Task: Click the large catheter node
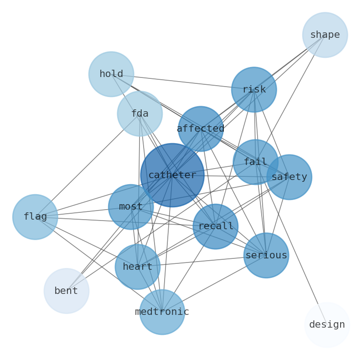(x=172, y=175)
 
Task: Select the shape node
(x=325, y=35)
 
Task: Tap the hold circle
(x=111, y=74)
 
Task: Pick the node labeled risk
(x=253, y=89)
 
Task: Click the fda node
(x=140, y=113)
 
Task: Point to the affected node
(x=201, y=129)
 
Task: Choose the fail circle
(x=255, y=162)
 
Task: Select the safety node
(x=289, y=177)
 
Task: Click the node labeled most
(x=131, y=206)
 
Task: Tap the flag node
(x=35, y=216)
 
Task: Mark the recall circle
(x=215, y=226)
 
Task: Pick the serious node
(x=266, y=255)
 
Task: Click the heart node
(x=137, y=267)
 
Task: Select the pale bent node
(x=66, y=291)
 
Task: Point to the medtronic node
(x=162, y=312)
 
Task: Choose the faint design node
(x=327, y=324)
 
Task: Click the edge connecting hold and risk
(x=182, y=82)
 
